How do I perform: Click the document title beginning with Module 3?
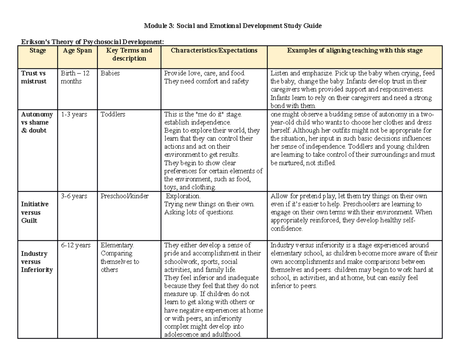tap(233, 26)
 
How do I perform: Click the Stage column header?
tap(38, 50)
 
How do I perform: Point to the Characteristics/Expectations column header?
tap(214, 50)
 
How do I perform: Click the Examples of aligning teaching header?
tap(355, 50)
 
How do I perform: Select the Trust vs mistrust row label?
tap(33, 77)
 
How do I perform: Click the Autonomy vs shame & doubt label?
tap(37, 122)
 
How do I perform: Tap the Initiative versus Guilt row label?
tap(35, 212)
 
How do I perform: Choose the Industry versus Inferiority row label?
tap(37, 262)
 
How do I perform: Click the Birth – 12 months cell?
tap(75, 77)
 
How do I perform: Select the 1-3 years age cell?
tap(74, 114)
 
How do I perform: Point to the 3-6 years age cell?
tap(74, 196)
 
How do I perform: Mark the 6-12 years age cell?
tap(75, 245)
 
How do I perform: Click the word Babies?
tap(110, 73)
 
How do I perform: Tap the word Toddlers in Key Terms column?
tap(113, 114)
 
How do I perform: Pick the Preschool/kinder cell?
tap(124, 196)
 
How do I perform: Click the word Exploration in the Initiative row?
tap(183, 196)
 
